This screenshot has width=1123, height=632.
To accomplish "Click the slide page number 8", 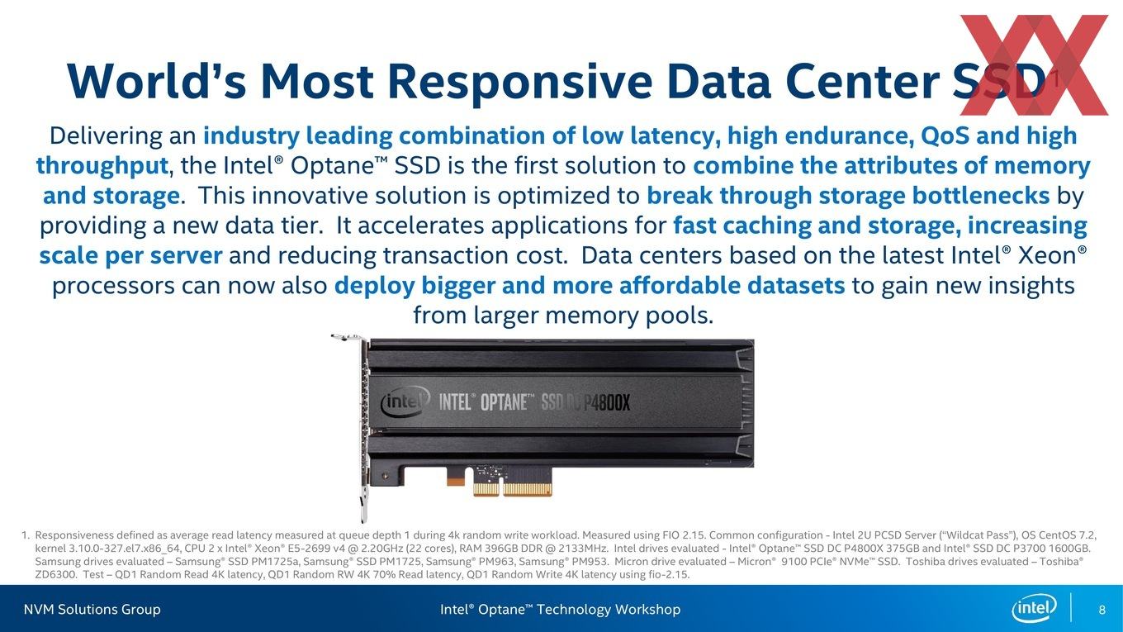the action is click(x=1102, y=610).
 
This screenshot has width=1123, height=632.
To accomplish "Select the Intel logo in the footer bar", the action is click(x=1034, y=608).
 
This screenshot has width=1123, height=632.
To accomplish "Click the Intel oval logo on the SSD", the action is click(x=405, y=402).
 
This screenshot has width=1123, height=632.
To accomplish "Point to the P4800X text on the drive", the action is click(x=607, y=402).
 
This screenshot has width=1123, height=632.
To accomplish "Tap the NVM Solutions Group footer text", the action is click(x=92, y=610).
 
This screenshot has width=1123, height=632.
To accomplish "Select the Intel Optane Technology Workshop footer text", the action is click(x=561, y=610).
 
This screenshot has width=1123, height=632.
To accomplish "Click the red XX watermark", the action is click(x=1034, y=65).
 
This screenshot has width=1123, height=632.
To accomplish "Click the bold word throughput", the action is click(x=102, y=166).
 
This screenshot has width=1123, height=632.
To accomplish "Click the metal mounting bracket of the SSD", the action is click(x=363, y=426).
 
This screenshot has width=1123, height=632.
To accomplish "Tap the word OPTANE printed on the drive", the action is click(x=504, y=402).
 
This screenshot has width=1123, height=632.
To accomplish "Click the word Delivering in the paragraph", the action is click(x=106, y=136).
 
